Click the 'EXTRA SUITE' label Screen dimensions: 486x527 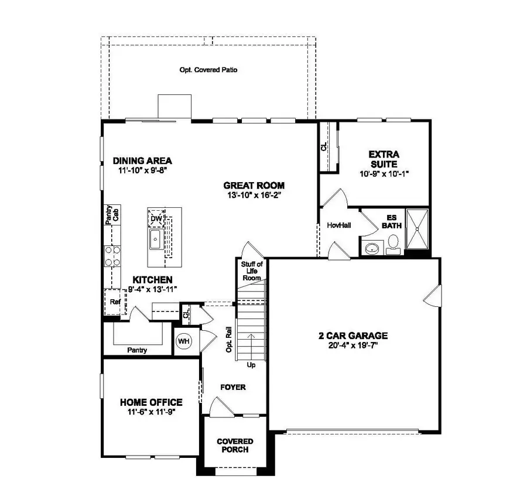coord(384,159)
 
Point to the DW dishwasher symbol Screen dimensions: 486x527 coord(156,219)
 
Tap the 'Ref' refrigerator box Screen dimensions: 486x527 coord(115,302)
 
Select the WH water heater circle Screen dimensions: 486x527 coord(183,341)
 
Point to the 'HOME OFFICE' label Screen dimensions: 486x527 coord(151,402)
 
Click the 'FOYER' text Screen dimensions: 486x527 coord(232,387)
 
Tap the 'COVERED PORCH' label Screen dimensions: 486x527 coord(235,445)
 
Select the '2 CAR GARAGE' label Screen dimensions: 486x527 coord(353,336)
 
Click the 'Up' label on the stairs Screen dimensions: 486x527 coord(251,364)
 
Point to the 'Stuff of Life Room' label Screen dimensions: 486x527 coord(251,271)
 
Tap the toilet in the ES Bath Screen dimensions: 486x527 coord(393,243)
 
